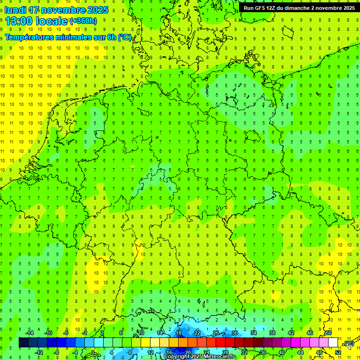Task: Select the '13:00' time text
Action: click(x=19, y=21)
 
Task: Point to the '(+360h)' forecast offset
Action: click(x=83, y=21)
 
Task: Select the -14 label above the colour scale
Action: click(x=29, y=333)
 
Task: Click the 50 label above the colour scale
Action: click(x=329, y=333)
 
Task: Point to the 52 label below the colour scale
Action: click(x=338, y=352)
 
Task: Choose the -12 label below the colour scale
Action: click(x=39, y=352)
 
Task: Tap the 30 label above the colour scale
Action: click(x=234, y=333)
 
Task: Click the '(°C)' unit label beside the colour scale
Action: click(x=349, y=344)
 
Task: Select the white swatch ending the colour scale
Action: click(x=333, y=343)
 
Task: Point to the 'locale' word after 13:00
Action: click(x=52, y=21)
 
